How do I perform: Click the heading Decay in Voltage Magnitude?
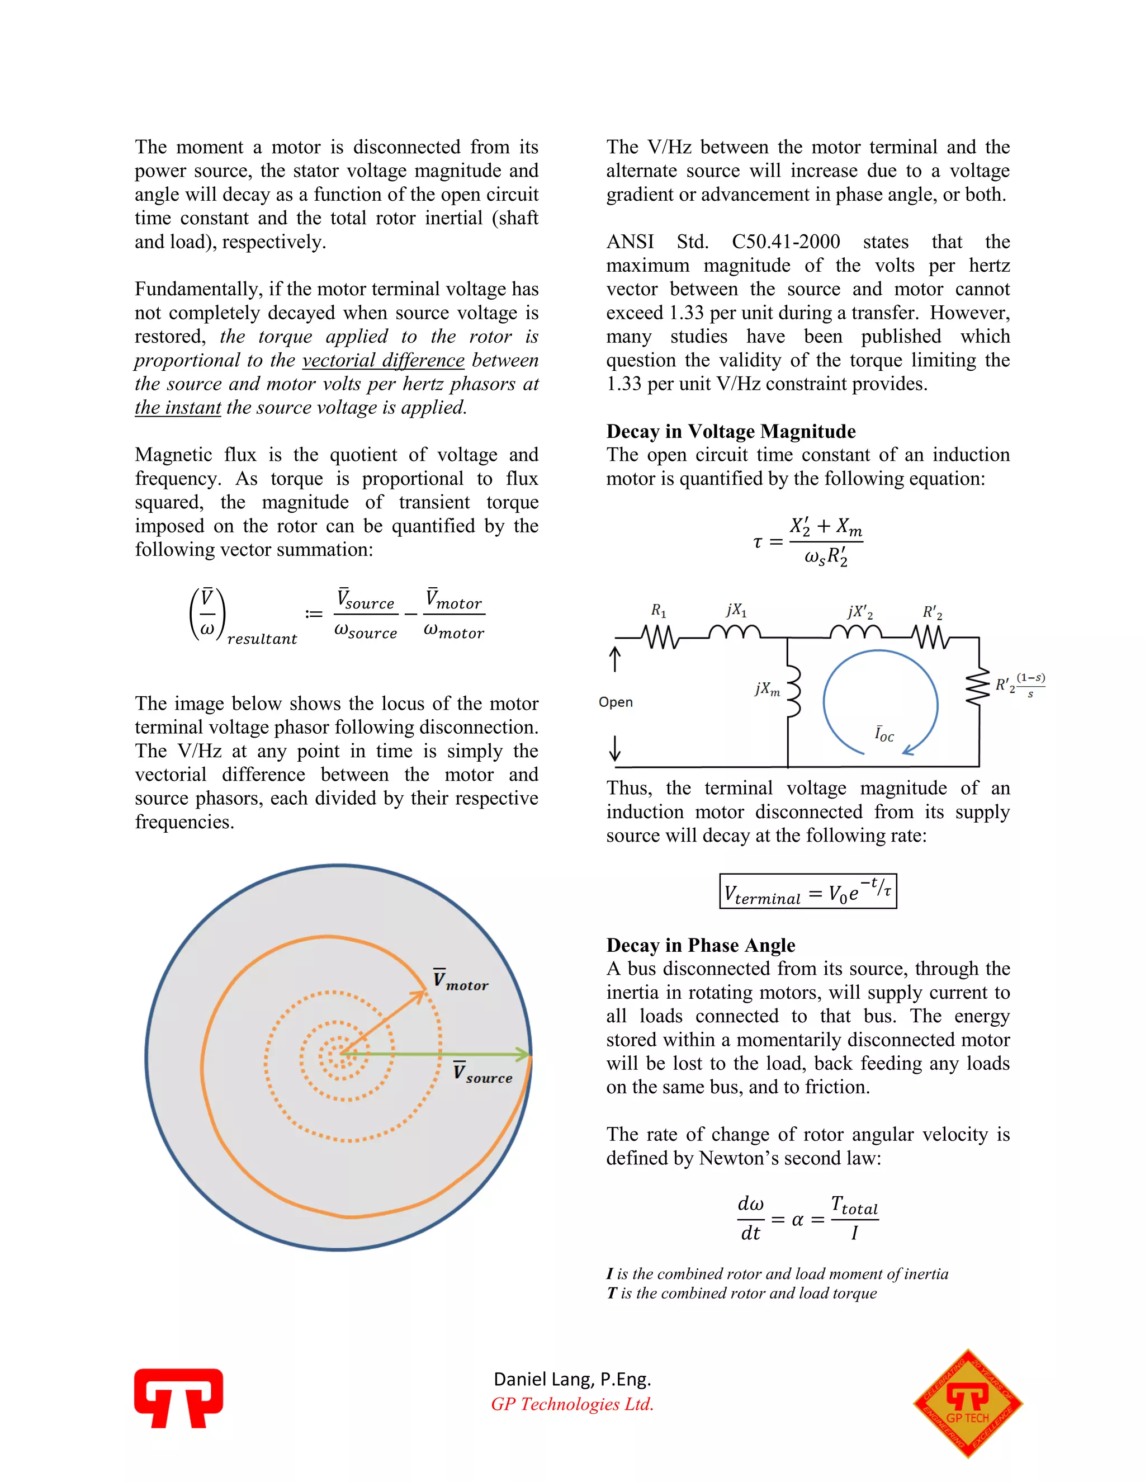(731, 432)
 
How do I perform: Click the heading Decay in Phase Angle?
(700, 945)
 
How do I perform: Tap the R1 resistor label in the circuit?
(658, 610)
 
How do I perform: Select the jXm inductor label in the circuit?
(767, 689)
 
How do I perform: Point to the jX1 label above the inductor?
(736, 610)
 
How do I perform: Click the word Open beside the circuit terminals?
(615, 702)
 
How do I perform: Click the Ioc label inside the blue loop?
(884, 734)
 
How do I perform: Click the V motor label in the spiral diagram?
(461, 981)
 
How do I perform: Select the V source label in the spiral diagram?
(482, 1074)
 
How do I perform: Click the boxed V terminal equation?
(808, 891)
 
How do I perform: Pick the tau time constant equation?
(808, 541)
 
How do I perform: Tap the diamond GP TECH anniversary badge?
(967, 1403)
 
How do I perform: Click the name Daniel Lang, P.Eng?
(572, 1379)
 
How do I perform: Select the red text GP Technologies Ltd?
(572, 1404)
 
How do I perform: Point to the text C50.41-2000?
(786, 242)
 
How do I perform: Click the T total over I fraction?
(854, 1219)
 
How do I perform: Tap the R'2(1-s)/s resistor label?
(1020, 685)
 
